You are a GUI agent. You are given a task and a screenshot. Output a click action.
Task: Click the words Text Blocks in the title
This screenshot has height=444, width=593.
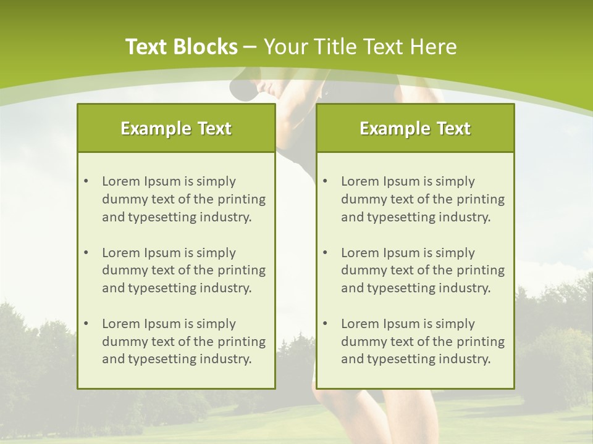(181, 47)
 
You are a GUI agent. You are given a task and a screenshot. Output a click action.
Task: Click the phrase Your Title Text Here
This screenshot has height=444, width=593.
(360, 47)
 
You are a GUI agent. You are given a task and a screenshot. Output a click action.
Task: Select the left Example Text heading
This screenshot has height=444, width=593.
(176, 128)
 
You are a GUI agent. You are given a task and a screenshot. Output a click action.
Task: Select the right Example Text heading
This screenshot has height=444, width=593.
(415, 128)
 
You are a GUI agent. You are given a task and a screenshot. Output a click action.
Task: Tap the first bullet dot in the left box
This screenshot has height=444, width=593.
(86, 181)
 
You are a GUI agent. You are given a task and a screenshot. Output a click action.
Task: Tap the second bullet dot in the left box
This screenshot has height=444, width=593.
(86, 253)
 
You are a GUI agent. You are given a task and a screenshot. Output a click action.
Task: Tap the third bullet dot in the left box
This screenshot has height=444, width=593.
(86, 324)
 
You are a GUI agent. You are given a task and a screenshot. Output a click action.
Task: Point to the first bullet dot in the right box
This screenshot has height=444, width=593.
(325, 181)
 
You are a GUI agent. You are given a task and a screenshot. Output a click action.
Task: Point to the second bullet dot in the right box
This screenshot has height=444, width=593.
(325, 253)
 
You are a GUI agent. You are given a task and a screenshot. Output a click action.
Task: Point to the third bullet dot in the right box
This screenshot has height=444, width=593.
(325, 324)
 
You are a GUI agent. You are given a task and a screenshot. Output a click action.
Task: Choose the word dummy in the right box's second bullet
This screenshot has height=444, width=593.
(361, 270)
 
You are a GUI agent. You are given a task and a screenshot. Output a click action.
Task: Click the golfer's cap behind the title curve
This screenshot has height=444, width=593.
(244, 88)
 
